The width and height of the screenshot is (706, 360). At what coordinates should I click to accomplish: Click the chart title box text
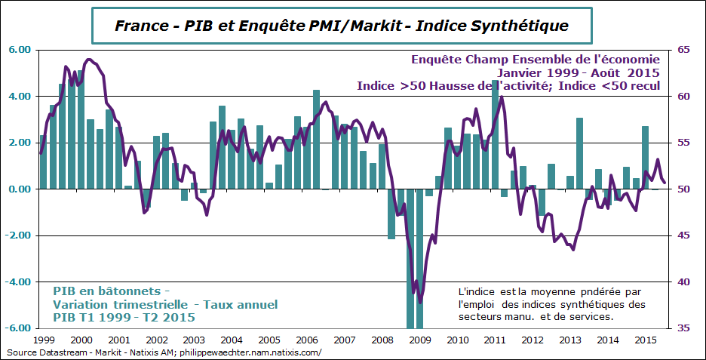(341, 26)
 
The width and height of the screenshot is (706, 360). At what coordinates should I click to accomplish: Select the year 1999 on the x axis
(44, 341)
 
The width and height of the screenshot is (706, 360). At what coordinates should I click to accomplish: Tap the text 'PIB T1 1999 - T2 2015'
(118, 317)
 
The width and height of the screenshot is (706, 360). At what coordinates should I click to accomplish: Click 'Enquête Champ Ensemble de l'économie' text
(536, 59)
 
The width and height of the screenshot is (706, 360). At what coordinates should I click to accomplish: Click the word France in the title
(140, 26)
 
